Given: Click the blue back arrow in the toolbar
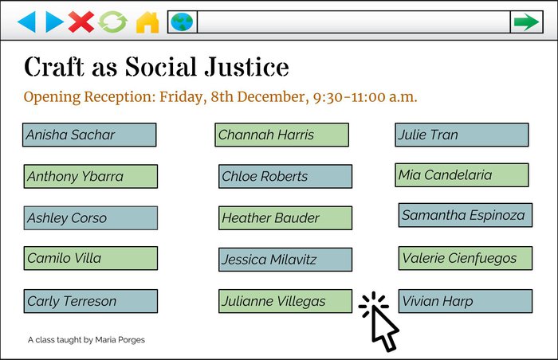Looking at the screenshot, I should coord(26,22).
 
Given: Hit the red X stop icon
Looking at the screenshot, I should coord(81,22).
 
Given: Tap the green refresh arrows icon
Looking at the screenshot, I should coord(113,22).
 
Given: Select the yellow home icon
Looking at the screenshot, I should coord(147,22).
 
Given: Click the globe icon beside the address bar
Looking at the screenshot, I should coord(183,22).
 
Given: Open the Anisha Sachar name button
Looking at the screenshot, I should coord(89,135).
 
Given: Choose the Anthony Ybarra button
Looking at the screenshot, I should coord(90,176).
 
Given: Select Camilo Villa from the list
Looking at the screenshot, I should coord(90,258).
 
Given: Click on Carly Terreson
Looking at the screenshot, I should coord(90,301).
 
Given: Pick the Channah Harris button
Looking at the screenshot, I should coord(281,135).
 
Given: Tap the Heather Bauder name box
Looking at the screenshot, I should coord(285,217).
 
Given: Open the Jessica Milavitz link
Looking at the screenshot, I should coord(285,260).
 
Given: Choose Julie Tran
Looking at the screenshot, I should coord(462,135).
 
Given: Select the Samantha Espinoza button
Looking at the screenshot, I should coord(466,215).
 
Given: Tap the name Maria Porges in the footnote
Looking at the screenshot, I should coord(120,340).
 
